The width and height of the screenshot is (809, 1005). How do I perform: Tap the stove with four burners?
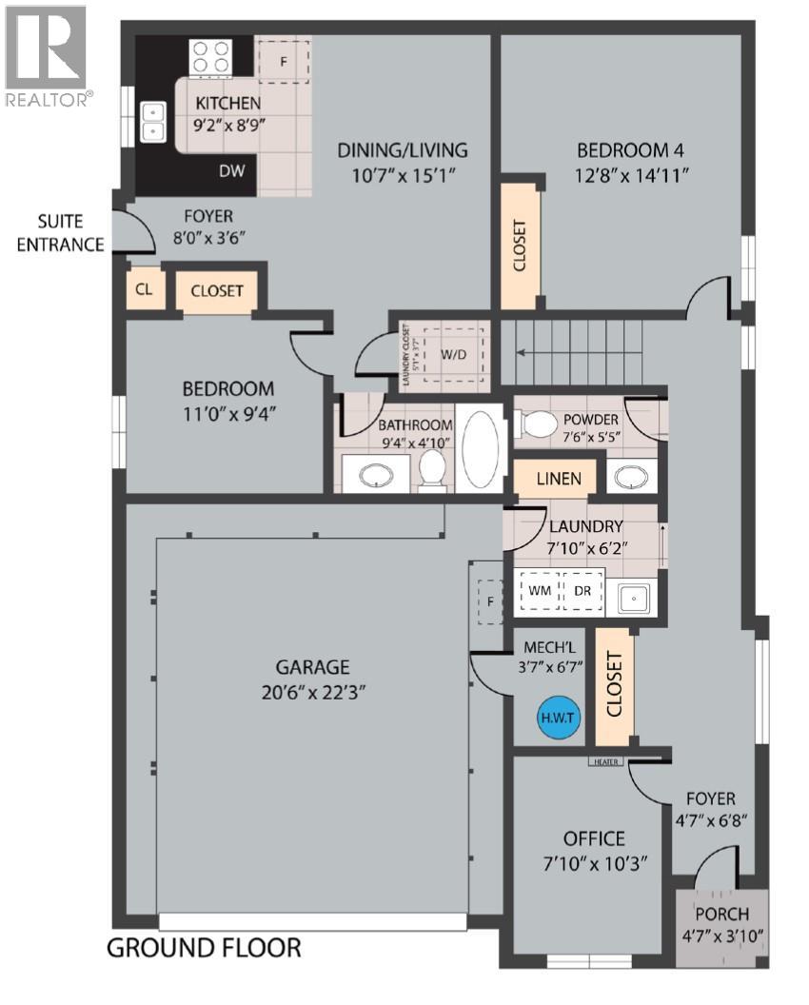[x=211, y=56]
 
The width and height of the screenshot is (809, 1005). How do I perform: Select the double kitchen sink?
[x=152, y=122]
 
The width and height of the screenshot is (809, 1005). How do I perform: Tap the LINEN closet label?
[x=559, y=478]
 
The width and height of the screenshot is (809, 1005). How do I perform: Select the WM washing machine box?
[x=539, y=591]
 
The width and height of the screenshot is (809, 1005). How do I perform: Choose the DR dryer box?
[x=582, y=591]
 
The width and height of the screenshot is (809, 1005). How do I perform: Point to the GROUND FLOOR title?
[x=203, y=947]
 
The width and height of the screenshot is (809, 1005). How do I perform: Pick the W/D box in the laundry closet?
[x=454, y=355]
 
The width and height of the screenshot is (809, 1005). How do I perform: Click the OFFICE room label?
[x=594, y=838]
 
